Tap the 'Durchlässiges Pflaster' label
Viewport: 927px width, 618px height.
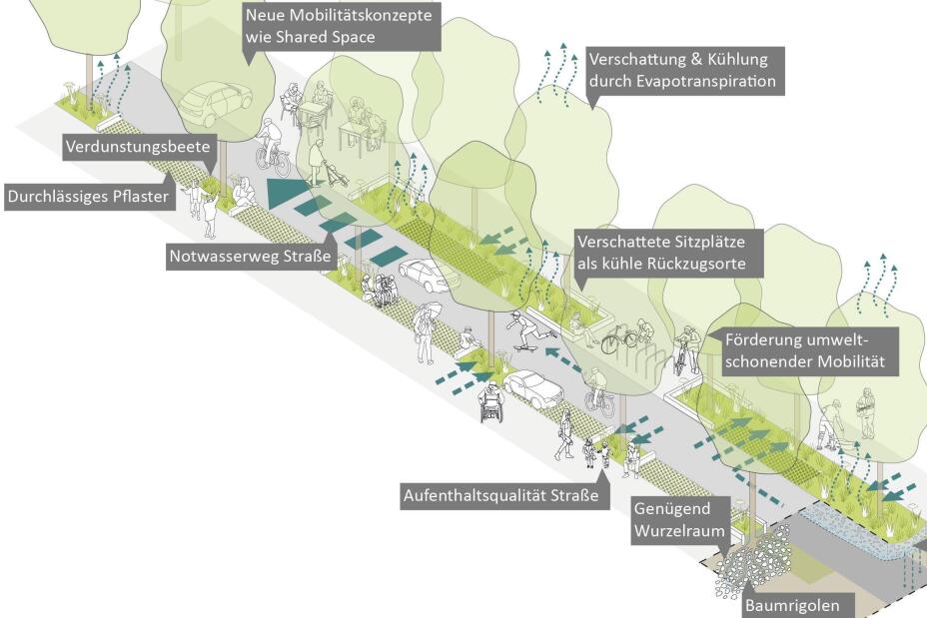click(88, 197)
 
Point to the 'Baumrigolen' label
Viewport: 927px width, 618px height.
click(799, 605)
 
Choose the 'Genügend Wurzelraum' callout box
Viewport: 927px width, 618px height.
click(678, 519)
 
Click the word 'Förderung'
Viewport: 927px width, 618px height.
click(758, 338)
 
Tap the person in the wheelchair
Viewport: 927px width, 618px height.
click(491, 401)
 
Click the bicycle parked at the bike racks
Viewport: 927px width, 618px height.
click(621, 336)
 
